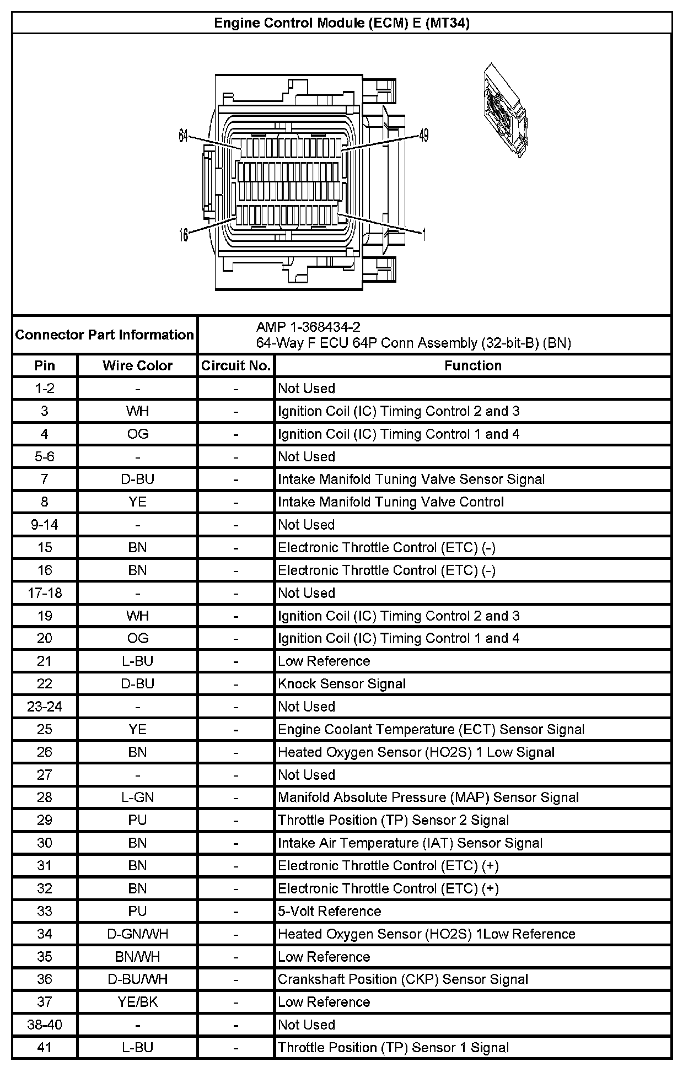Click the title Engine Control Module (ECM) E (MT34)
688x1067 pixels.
point(341,23)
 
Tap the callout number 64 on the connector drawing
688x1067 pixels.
point(184,136)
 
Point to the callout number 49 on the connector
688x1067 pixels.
point(423,135)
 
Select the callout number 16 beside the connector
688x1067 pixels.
point(184,235)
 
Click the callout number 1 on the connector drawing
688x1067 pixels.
point(423,235)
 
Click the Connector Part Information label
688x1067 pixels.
point(104,335)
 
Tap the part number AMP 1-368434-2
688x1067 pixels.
point(308,327)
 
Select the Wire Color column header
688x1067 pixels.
point(137,365)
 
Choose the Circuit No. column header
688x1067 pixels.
point(235,365)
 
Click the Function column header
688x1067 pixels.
point(472,365)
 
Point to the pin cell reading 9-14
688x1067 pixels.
point(45,524)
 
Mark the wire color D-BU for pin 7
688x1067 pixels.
point(137,479)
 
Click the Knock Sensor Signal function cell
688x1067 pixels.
point(342,684)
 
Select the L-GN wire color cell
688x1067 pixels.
point(137,797)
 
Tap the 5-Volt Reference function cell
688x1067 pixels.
point(329,911)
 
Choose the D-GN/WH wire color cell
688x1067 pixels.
point(137,934)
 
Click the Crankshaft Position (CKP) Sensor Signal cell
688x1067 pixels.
point(402,979)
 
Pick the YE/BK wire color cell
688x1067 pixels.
point(137,1002)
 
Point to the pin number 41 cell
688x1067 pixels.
point(45,1047)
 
